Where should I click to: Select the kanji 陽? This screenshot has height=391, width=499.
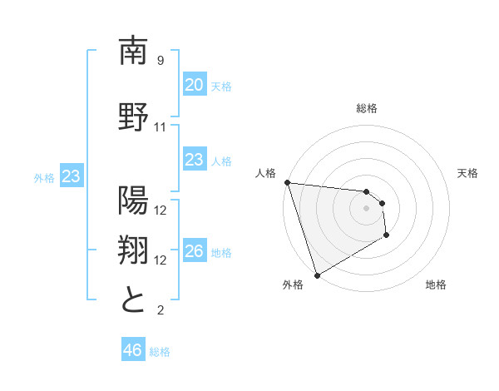(x=134, y=200)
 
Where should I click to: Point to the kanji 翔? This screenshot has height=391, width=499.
(x=134, y=250)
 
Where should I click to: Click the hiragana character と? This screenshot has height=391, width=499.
(x=134, y=299)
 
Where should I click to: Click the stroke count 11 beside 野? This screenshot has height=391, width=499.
(x=161, y=127)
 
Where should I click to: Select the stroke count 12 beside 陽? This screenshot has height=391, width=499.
(x=161, y=210)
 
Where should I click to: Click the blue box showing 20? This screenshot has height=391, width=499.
(x=194, y=85)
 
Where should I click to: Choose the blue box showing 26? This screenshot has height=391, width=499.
(x=194, y=251)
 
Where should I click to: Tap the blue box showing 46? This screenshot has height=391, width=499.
(x=132, y=350)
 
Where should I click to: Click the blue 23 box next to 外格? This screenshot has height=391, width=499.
(x=72, y=176)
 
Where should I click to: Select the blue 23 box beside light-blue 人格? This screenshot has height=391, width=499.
(x=194, y=160)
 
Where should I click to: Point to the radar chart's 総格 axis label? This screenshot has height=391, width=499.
(x=367, y=108)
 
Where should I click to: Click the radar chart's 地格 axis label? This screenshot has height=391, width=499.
(x=436, y=285)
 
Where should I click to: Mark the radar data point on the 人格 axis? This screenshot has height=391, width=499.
(x=287, y=182)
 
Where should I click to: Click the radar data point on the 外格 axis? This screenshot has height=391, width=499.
(x=317, y=275)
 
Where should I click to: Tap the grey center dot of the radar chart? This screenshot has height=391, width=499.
(x=366, y=208)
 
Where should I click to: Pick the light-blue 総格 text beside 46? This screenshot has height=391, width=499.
(x=160, y=352)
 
